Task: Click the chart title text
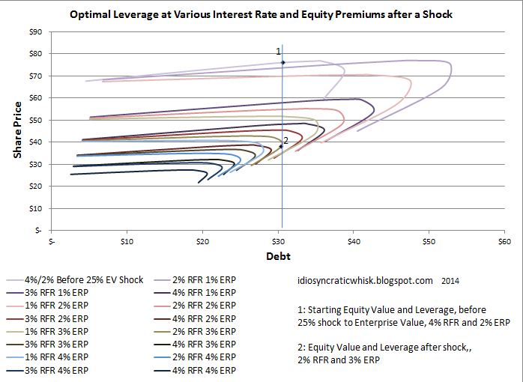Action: tap(262, 15)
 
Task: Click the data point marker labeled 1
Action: tap(282, 62)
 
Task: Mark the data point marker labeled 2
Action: tap(281, 146)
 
